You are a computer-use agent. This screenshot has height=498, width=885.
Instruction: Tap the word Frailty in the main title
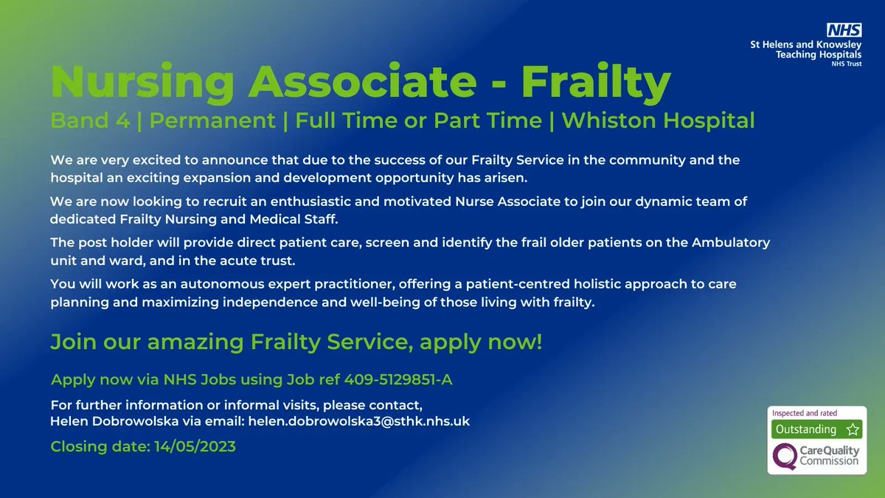(596, 83)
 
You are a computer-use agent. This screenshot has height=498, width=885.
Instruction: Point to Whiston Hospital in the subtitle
(658, 120)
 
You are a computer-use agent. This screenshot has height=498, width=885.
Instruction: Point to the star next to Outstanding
(853, 429)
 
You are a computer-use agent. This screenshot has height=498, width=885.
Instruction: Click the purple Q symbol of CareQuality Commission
(784, 456)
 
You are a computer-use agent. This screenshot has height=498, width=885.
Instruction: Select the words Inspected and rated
(805, 413)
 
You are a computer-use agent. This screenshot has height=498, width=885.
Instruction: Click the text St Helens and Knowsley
(805, 46)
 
